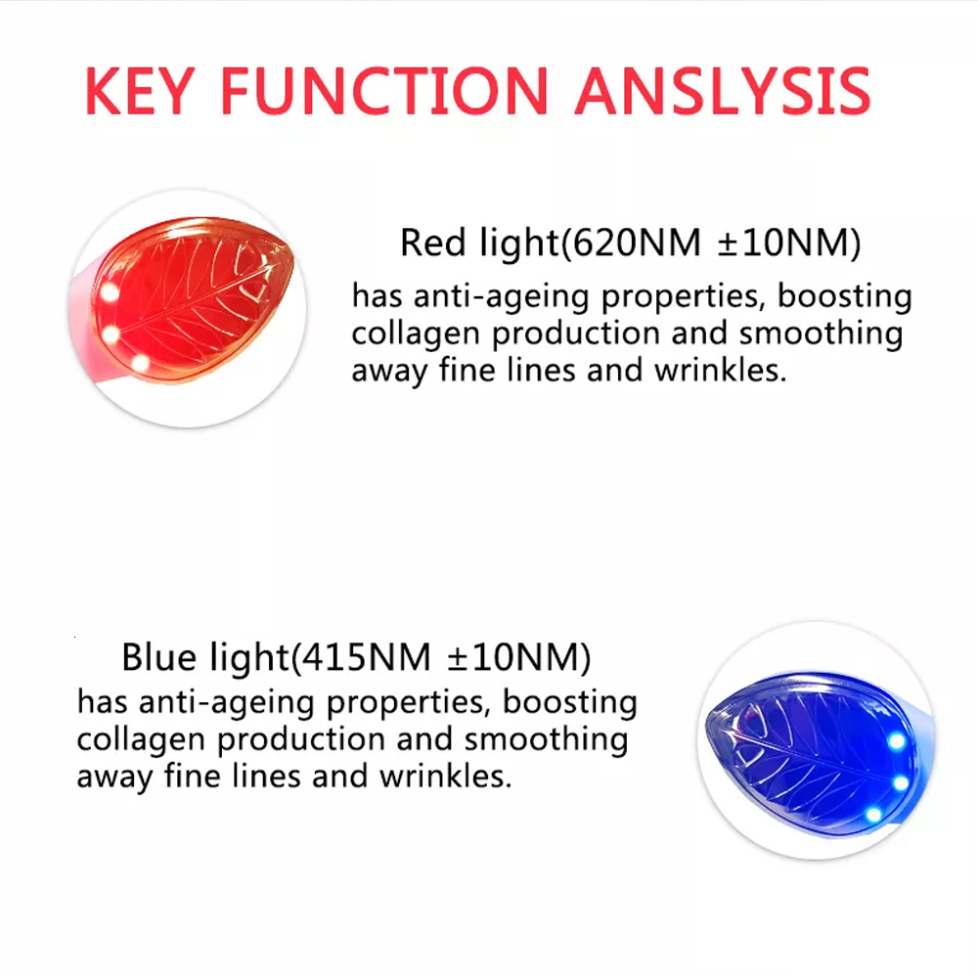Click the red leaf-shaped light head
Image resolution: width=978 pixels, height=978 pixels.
196,298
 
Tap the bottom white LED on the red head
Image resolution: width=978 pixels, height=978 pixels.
139,364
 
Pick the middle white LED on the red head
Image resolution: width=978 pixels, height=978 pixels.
110,334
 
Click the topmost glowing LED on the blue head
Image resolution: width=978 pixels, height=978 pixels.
896,740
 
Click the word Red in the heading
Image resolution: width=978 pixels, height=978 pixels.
427,244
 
